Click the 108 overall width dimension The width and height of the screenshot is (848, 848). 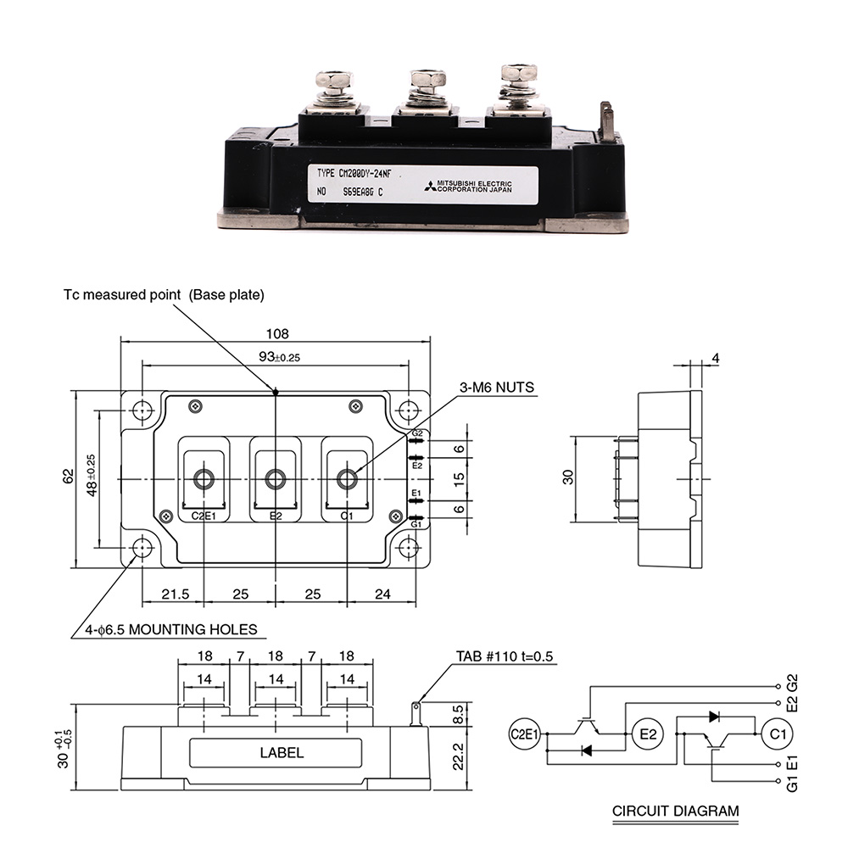pyautogui.click(x=276, y=332)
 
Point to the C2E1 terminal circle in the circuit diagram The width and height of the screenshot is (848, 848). pyautogui.click(x=525, y=734)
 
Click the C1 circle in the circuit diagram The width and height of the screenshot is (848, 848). pyautogui.click(x=775, y=734)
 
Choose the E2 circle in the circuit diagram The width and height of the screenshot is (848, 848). pyautogui.click(x=648, y=734)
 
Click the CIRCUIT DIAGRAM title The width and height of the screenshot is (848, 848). pyautogui.click(x=675, y=811)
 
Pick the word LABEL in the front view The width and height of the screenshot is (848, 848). pyautogui.click(x=282, y=752)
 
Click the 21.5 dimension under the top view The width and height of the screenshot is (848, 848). pyautogui.click(x=173, y=594)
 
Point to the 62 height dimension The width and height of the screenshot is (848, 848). pyautogui.click(x=69, y=478)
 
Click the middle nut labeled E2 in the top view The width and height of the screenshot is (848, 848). pyautogui.click(x=276, y=479)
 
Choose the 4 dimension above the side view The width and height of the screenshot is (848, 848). pyautogui.click(x=715, y=359)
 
